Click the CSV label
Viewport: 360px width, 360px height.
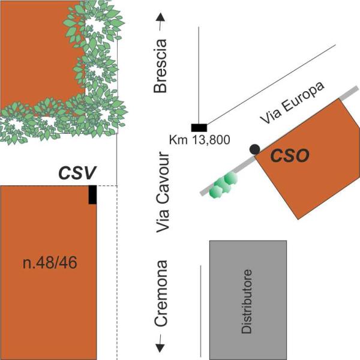(77, 173)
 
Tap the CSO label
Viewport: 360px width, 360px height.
(288, 156)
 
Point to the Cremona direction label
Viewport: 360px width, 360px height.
(161, 294)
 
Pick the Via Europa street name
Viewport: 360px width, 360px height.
(292, 103)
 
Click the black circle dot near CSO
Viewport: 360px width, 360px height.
(254, 148)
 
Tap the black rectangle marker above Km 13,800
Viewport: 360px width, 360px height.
(199, 127)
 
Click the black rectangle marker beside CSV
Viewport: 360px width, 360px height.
(92, 195)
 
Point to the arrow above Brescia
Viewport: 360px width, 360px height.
(160, 23)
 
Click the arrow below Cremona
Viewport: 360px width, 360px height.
(161, 344)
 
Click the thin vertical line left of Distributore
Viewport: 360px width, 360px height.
(200, 310)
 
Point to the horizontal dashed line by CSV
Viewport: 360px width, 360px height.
(107, 186)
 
